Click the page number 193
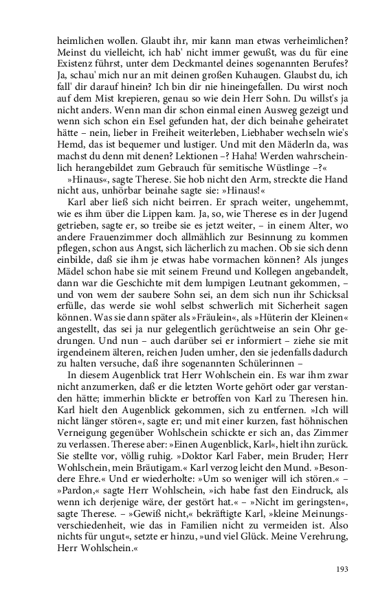(344, 568)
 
